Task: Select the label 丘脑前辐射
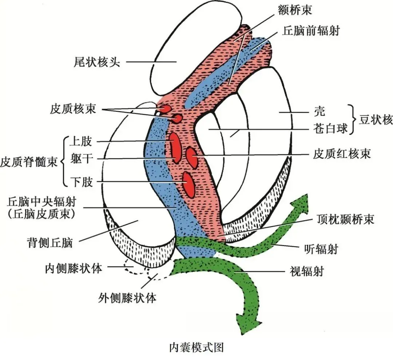(311, 31)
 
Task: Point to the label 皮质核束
(73, 109)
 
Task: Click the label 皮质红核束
(342, 154)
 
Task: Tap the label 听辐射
(321, 249)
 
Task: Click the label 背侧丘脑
(49, 242)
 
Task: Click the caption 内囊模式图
(196, 347)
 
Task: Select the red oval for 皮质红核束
(191, 157)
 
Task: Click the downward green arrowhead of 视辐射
(249, 320)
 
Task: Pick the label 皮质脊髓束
(29, 162)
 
